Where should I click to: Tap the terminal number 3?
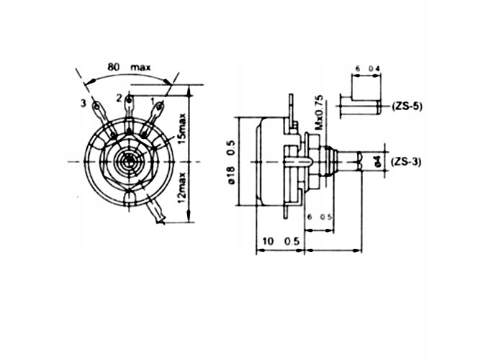(84, 104)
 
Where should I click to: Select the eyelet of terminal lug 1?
(160, 107)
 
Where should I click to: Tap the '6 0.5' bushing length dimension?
(319, 217)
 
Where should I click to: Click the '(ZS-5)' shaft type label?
(408, 107)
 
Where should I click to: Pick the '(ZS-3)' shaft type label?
(408, 162)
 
